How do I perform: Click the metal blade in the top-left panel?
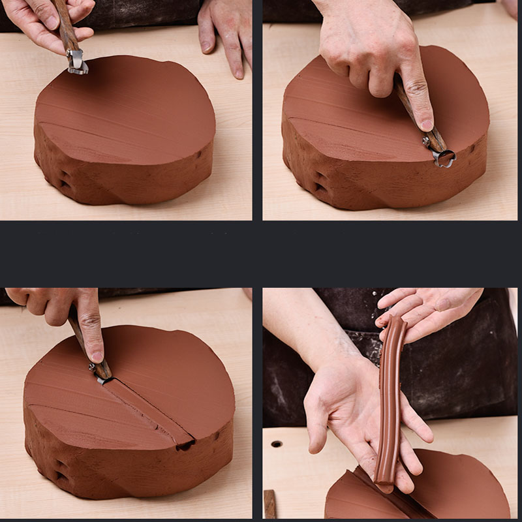78,63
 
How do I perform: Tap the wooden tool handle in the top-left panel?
66,26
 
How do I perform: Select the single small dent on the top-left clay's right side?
198,156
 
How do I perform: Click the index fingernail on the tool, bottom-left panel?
97,356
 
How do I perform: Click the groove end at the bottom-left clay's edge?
186,445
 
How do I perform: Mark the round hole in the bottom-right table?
277,444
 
